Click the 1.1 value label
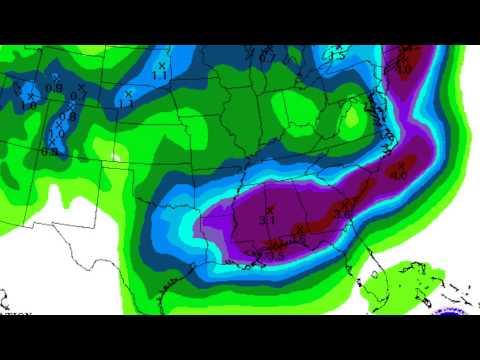coord(160,76)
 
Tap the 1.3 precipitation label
coord(126,103)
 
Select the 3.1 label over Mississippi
coord(267,219)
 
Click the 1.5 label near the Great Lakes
coord(337,57)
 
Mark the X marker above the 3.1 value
coord(269,209)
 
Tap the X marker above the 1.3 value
coord(129,93)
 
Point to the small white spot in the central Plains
coord(118,155)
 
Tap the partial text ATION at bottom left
coord(14,313)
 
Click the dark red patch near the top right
coord(405,60)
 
